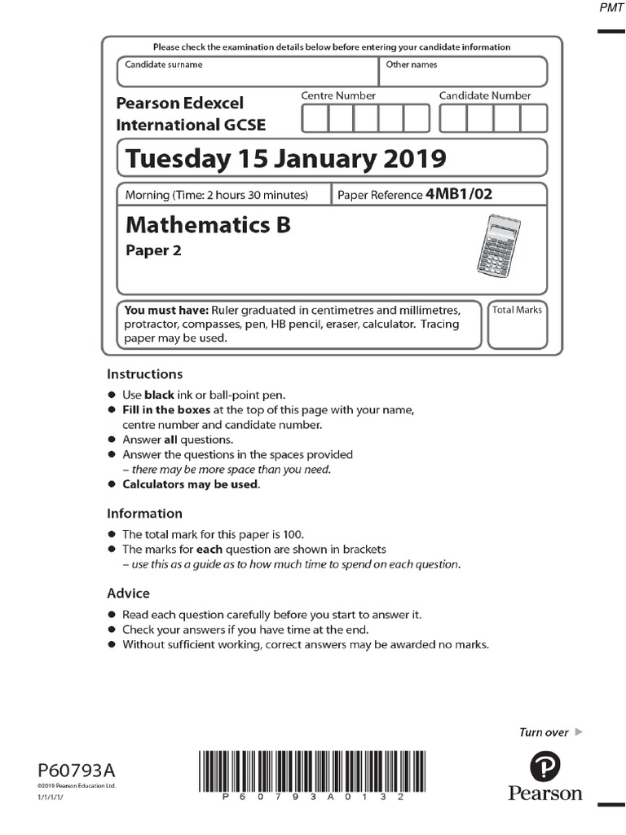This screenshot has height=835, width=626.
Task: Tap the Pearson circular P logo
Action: (x=545, y=767)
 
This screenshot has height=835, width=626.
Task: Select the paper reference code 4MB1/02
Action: (x=459, y=195)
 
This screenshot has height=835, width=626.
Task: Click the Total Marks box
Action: (x=517, y=325)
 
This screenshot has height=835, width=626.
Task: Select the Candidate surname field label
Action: (x=163, y=64)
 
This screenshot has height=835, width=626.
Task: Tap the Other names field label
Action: (x=411, y=64)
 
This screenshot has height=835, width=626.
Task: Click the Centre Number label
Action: (x=338, y=95)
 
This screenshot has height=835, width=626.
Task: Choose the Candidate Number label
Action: (x=485, y=95)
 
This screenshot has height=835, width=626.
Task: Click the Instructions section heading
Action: (x=144, y=374)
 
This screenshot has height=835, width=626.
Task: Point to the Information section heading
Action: (x=144, y=514)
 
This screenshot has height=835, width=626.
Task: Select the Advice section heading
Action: (x=128, y=593)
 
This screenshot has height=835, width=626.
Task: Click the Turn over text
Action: (x=544, y=732)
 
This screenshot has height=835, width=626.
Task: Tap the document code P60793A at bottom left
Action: (x=77, y=770)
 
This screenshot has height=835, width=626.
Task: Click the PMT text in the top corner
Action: (x=611, y=7)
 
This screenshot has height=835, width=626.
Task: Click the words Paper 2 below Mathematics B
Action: (x=153, y=250)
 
